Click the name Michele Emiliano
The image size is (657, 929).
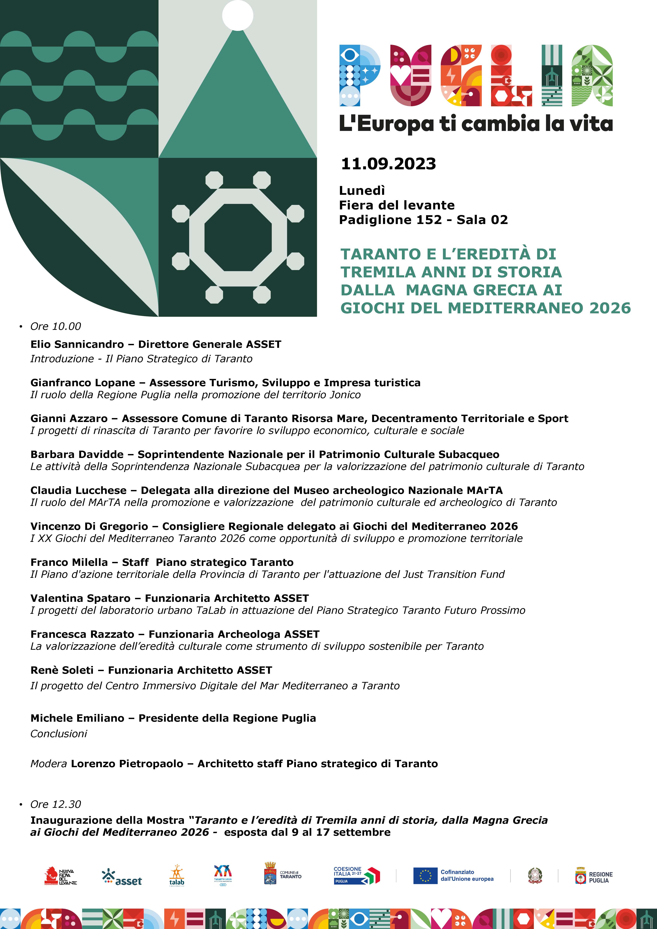pyautogui.click(x=77, y=718)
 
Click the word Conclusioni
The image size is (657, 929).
pyautogui.click(x=59, y=734)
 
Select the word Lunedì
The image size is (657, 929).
pyautogui.click(x=362, y=190)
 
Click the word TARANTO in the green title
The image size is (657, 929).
pyautogui.click(x=380, y=254)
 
